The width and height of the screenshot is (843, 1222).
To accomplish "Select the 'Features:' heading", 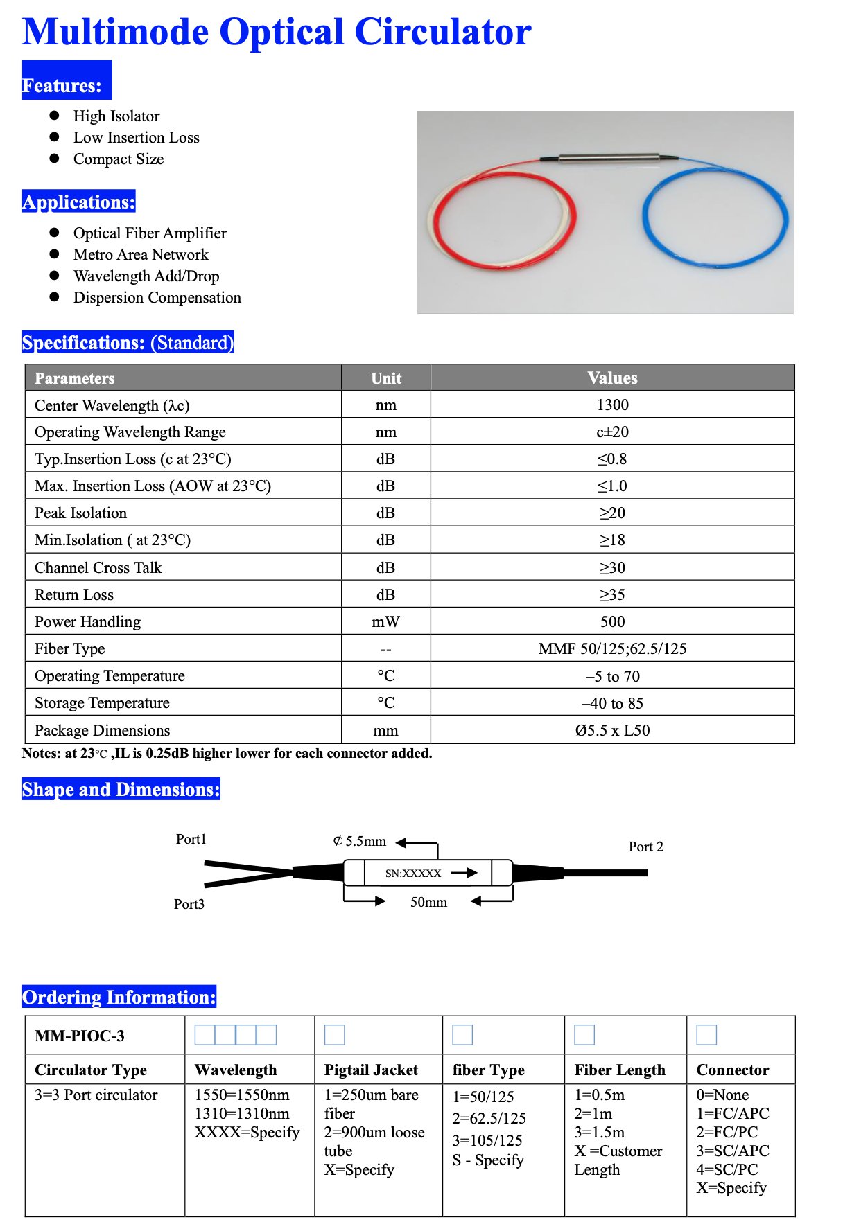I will click(x=62, y=86).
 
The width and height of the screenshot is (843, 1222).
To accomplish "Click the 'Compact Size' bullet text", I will click(x=119, y=159).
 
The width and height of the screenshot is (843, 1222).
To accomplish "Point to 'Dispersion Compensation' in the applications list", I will click(x=157, y=298).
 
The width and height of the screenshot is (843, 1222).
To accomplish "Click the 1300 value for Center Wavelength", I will click(x=612, y=405).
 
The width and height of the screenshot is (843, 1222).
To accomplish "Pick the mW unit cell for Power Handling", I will click(x=385, y=622).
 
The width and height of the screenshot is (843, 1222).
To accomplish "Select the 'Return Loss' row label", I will click(x=74, y=595).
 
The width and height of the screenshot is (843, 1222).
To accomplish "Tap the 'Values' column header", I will click(x=612, y=378).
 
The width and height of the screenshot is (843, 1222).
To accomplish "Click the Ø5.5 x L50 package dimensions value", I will click(x=612, y=731).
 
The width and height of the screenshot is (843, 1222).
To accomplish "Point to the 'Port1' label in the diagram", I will click(x=191, y=840).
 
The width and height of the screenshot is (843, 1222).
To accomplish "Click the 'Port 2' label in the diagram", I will click(x=645, y=847).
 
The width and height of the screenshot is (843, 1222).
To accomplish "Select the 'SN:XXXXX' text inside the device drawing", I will click(x=413, y=874).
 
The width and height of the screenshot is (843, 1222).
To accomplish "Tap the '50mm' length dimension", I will click(x=428, y=903).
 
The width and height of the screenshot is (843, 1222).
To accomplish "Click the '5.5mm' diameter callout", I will click(x=360, y=842).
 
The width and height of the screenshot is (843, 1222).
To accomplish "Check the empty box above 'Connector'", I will click(x=706, y=1035).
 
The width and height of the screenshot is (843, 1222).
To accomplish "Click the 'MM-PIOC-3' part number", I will click(x=80, y=1036).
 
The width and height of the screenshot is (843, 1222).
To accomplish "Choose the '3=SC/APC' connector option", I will click(x=733, y=1151).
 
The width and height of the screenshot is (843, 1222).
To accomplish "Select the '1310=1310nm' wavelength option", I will click(x=242, y=1114).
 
